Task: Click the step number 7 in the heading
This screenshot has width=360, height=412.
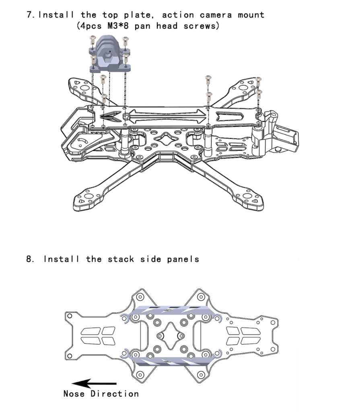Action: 29,15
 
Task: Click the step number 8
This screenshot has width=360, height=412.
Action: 29,259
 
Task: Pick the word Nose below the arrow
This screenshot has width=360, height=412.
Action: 74,393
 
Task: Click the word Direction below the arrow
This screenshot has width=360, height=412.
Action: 115,393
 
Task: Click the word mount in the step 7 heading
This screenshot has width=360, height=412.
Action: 251,15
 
